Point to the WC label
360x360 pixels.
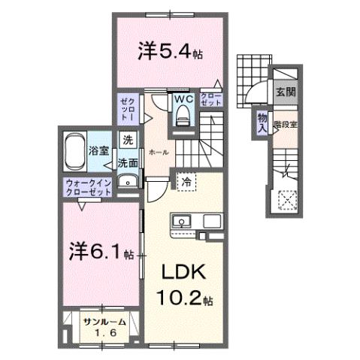pos(185,98)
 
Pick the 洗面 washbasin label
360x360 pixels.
pos(127,162)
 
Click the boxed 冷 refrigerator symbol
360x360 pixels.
pos(185,180)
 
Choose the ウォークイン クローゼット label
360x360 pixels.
pos(88,186)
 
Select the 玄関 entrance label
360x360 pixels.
pos(285,93)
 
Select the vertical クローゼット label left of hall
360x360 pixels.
pos(127,109)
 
